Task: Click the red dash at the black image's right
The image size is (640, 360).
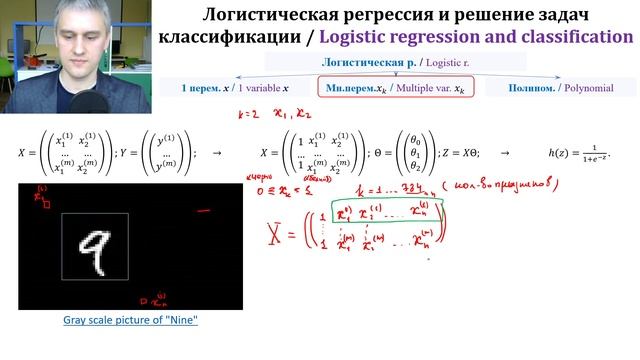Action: (204, 211)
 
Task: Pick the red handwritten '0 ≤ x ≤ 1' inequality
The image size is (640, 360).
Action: (254, 187)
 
